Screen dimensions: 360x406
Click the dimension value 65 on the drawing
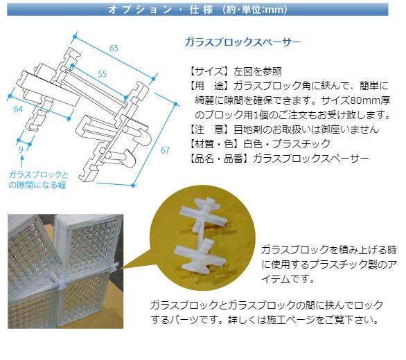coord(114,48)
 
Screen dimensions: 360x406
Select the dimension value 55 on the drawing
coord(102,73)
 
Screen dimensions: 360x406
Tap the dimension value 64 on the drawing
coord(19,109)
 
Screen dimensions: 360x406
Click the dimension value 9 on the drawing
coord(21,147)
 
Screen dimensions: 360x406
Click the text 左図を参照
coord(257,71)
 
